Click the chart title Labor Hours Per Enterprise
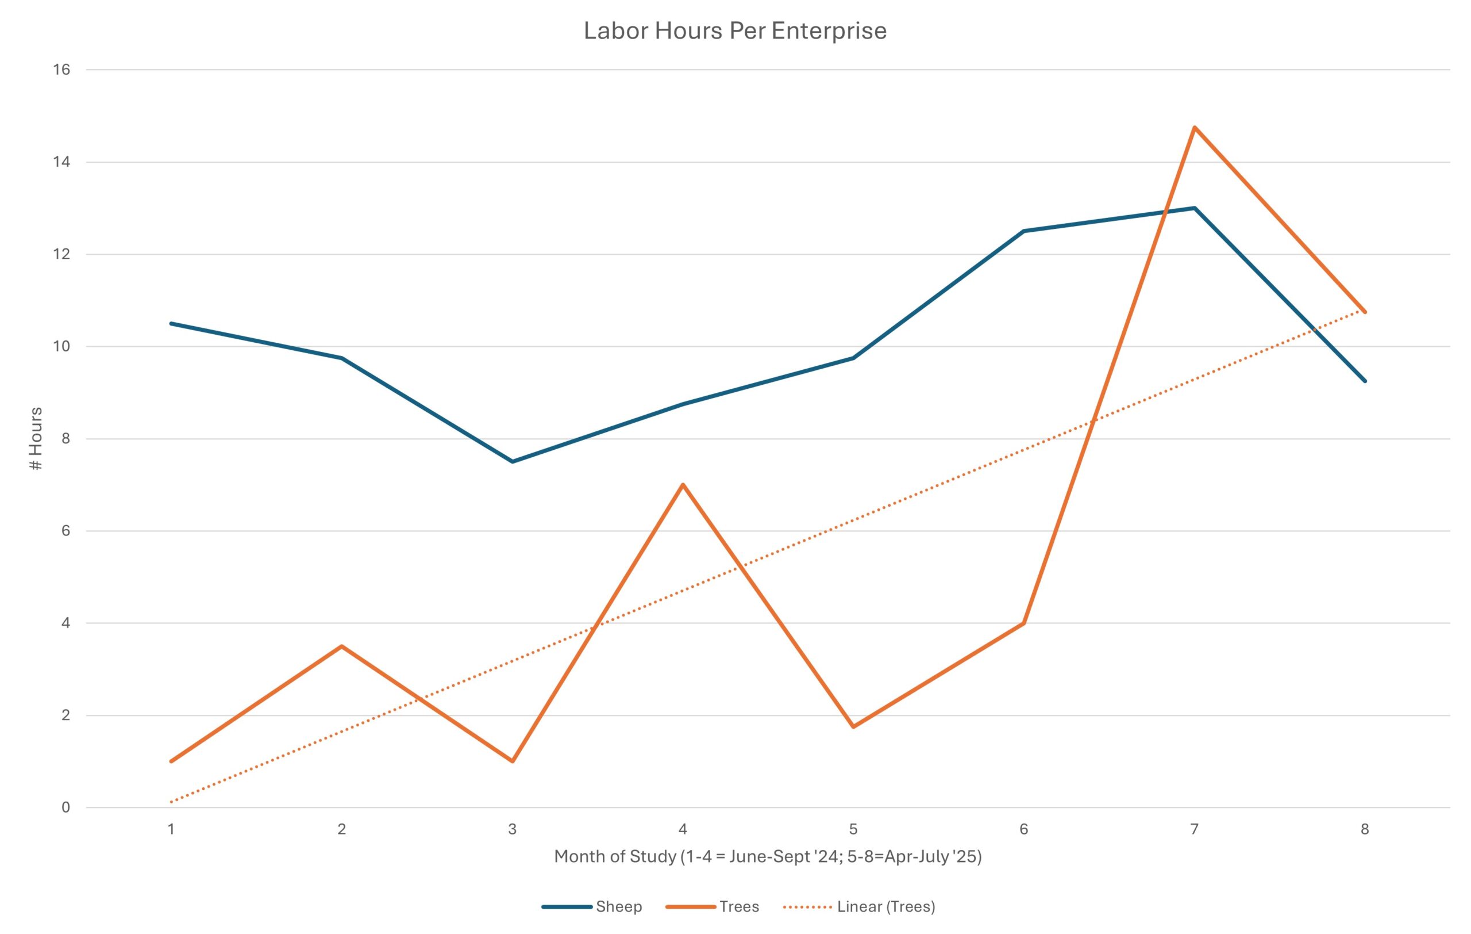tap(735, 30)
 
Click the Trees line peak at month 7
tap(1194, 127)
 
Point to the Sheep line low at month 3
tap(512, 461)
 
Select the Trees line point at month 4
tap(683, 484)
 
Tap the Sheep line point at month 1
tap(171, 323)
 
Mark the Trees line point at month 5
tap(853, 727)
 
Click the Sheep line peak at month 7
tap(1194, 208)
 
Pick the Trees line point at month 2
tap(341, 646)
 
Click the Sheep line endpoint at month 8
tap(1365, 381)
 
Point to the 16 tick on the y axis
tap(61, 70)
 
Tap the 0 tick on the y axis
tap(66, 807)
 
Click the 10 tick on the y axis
tap(61, 347)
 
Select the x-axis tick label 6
tap(1024, 829)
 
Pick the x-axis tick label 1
tap(171, 829)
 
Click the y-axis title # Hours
tap(37, 438)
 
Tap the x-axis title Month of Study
tap(768, 857)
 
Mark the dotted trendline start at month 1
tap(171, 802)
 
